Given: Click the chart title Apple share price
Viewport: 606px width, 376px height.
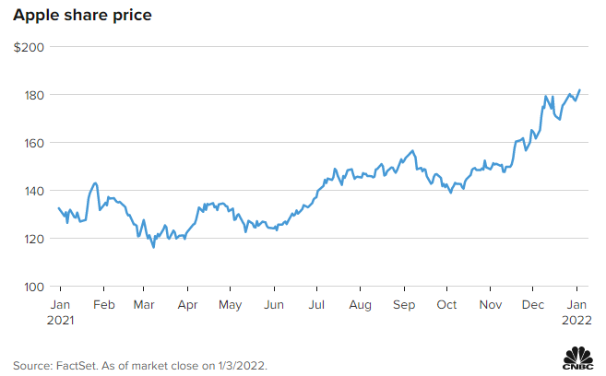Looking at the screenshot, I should (82, 17).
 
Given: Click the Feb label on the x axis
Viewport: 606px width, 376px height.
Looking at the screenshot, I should (104, 304).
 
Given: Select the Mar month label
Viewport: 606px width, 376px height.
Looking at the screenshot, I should (144, 304).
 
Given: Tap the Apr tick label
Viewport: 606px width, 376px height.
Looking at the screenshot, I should (187, 304).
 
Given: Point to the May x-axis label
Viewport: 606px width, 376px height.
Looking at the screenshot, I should (230, 304).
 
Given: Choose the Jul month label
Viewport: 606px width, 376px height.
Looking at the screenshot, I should (316, 304).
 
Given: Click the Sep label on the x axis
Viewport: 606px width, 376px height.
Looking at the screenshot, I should (403, 304).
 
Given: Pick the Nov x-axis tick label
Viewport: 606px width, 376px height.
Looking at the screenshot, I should (491, 304).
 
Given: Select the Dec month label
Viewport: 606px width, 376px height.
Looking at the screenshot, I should (533, 304).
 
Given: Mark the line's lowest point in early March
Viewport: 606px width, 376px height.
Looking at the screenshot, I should (153, 247).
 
